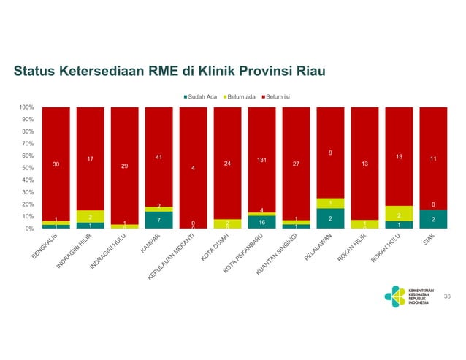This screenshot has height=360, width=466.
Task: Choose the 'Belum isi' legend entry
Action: pyautogui.click(x=276, y=96)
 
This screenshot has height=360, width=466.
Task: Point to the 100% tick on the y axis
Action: pyautogui.click(x=26, y=107)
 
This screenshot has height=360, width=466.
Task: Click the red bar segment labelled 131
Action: pyautogui.click(x=261, y=159)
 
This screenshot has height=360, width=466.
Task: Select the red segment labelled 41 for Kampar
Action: pyautogui.click(x=158, y=157)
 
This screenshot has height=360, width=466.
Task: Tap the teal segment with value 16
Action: pyautogui.click(x=261, y=222)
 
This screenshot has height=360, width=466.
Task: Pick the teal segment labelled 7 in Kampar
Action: pyautogui.click(x=158, y=220)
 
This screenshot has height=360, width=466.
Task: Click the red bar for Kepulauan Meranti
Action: pyautogui.click(x=193, y=167)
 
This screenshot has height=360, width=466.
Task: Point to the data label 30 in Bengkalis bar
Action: pyautogui.click(x=56, y=164)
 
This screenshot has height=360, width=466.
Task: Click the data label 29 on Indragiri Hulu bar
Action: pyautogui.click(x=124, y=166)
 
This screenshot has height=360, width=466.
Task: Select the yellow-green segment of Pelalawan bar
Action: pyautogui.click(x=330, y=203)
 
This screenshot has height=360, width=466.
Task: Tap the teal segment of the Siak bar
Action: pyautogui.click(x=433, y=219)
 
